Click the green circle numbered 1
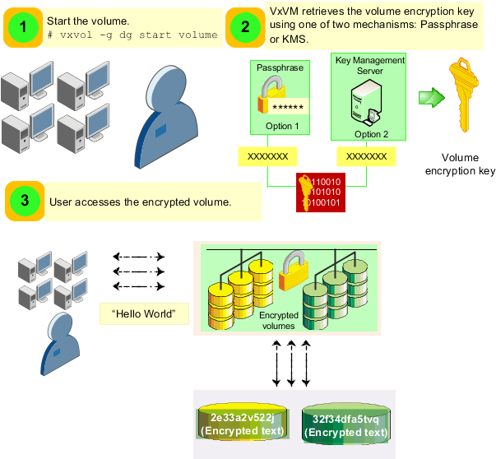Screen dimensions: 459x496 [x=24, y=27]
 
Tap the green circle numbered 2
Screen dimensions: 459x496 [x=244, y=27]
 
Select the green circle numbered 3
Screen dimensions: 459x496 [x=24, y=201]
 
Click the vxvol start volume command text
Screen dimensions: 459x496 [x=132, y=35]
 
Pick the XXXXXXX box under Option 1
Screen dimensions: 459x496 [x=268, y=156]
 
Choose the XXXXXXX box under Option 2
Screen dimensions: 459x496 [x=366, y=156]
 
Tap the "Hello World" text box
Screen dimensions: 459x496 [x=144, y=314]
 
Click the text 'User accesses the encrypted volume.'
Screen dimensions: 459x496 [x=140, y=202]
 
